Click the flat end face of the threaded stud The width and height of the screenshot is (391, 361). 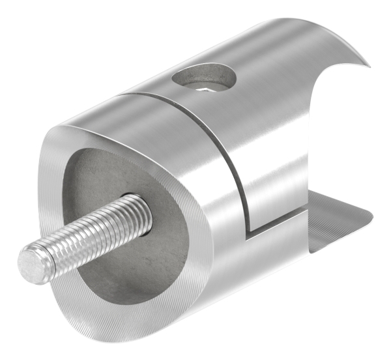pyautogui.click(x=31, y=263)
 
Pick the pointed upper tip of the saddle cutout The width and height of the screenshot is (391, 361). pyautogui.click(x=368, y=65)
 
